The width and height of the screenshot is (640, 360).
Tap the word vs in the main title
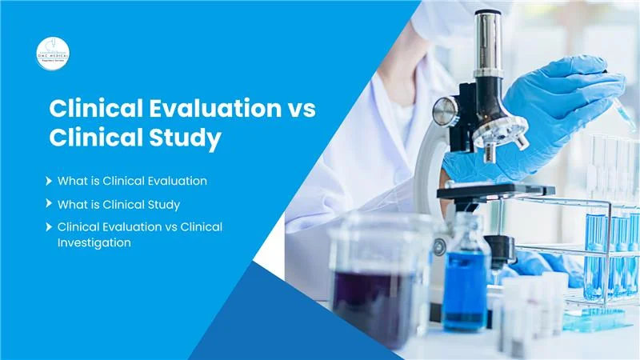coord(298,109)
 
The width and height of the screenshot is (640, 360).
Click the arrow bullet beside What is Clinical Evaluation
coord(50,181)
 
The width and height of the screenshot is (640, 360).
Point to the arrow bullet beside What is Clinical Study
coord(50,204)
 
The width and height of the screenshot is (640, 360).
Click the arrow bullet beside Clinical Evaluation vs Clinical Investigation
coord(50,227)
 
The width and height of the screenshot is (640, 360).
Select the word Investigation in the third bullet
coord(94,242)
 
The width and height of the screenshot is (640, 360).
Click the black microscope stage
coord(496,191)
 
